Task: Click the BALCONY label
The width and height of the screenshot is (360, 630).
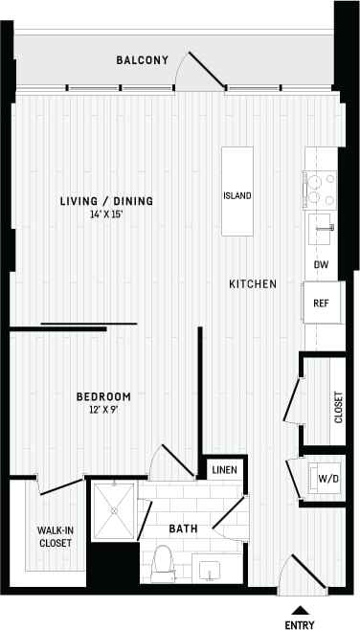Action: [x=142, y=60]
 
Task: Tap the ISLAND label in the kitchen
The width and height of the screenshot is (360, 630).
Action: [x=237, y=196]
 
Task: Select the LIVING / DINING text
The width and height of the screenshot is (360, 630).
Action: [x=106, y=201]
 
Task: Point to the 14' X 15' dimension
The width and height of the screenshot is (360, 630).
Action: [x=106, y=214]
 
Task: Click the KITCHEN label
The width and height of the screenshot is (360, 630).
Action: [x=253, y=284]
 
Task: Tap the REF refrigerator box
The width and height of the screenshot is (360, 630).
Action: [x=322, y=304]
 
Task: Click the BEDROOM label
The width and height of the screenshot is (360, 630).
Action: [x=103, y=396]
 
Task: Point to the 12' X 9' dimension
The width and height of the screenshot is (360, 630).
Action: [x=103, y=410]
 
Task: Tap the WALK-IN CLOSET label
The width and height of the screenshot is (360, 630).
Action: [x=56, y=535]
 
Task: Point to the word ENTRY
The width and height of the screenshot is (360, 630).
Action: [x=302, y=624]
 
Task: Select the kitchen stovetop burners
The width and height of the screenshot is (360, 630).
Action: [x=319, y=189]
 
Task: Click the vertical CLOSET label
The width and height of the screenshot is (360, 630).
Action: [x=338, y=407]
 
